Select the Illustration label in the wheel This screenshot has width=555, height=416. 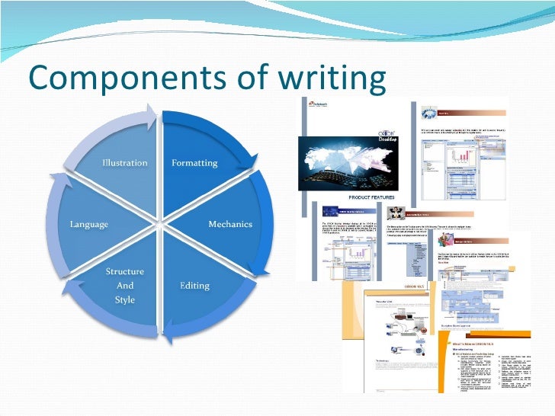125,163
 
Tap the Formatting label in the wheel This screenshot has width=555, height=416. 194,163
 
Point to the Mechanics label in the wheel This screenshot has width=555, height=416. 230,224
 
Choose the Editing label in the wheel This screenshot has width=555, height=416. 194,286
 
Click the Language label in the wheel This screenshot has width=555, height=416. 89,224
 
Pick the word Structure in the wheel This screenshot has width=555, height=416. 125,272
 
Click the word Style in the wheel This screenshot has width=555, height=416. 125,299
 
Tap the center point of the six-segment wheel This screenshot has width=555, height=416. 160,225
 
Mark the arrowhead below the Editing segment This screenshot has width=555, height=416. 170,331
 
